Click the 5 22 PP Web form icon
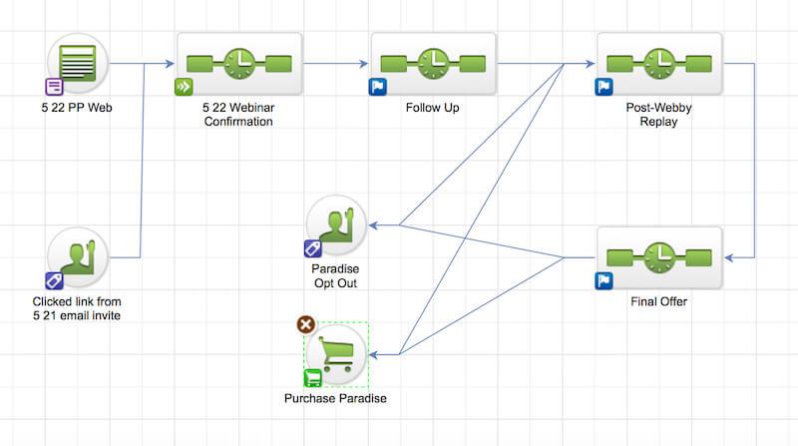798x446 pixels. click(77, 62)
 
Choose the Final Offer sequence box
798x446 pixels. click(658, 258)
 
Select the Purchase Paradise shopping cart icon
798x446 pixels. click(337, 352)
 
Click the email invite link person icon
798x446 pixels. click(77, 256)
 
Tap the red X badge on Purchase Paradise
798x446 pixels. click(306, 324)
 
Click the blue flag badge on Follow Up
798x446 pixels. click(378, 87)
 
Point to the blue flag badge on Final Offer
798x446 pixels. click(603, 280)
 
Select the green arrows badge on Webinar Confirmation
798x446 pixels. click(184, 87)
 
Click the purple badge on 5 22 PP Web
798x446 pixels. click(54, 86)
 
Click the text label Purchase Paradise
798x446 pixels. click(335, 399)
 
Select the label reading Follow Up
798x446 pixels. click(433, 106)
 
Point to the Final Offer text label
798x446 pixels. click(658, 300)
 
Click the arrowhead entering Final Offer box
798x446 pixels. click(729, 258)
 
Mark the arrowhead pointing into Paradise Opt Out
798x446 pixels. click(374, 225)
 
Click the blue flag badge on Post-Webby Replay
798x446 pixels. click(603, 87)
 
